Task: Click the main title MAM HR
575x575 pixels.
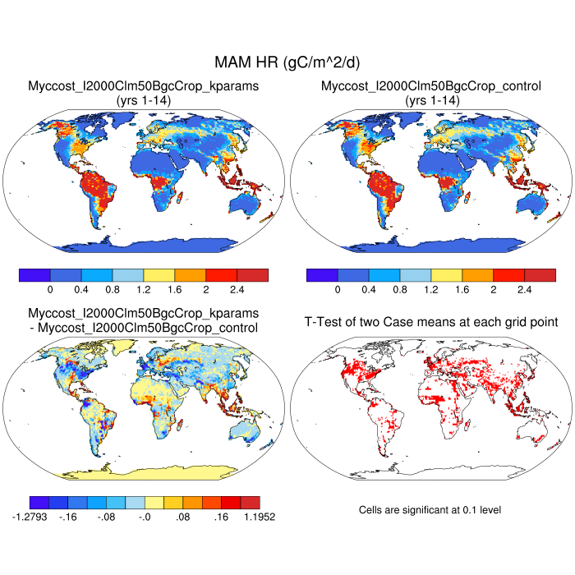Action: [x=287, y=62]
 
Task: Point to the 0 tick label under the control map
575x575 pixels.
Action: [x=337, y=290]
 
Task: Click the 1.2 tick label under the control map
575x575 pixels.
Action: [x=430, y=290]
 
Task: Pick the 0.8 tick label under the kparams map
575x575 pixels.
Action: [x=113, y=290]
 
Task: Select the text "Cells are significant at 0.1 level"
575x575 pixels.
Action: [x=430, y=510]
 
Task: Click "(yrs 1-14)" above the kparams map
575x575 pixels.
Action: [x=144, y=99]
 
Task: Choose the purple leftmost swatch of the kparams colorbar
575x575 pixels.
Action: [x=34, y=274]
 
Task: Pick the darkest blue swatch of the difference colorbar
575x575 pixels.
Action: [x=39, y=502]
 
